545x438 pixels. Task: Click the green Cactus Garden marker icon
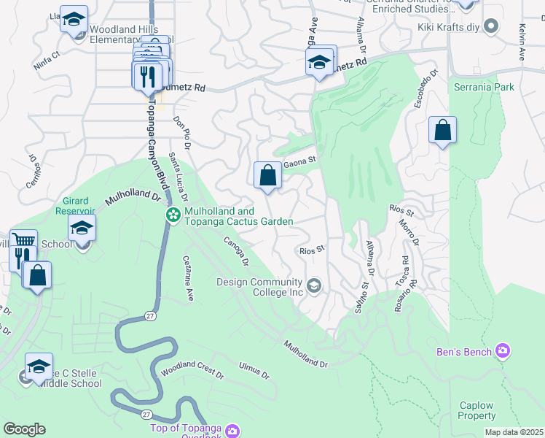coord(173,215)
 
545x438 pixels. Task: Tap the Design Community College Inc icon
coord(314,284)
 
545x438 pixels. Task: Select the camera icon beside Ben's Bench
coord(502,352)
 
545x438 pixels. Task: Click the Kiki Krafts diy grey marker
coord(492,27)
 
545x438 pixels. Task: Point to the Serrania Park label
coord(484,87)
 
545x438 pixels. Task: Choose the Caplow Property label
coord(477,410)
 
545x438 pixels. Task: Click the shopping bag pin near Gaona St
coord(267,175)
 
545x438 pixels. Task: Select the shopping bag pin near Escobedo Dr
coord(442,131)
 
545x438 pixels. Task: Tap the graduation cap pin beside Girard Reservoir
coord(82,228)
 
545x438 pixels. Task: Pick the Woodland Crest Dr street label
coord(192,370)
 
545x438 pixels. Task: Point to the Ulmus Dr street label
coord(254,371)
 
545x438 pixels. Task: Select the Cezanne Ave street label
coord(189,277)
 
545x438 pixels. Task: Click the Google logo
coord(24,429)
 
